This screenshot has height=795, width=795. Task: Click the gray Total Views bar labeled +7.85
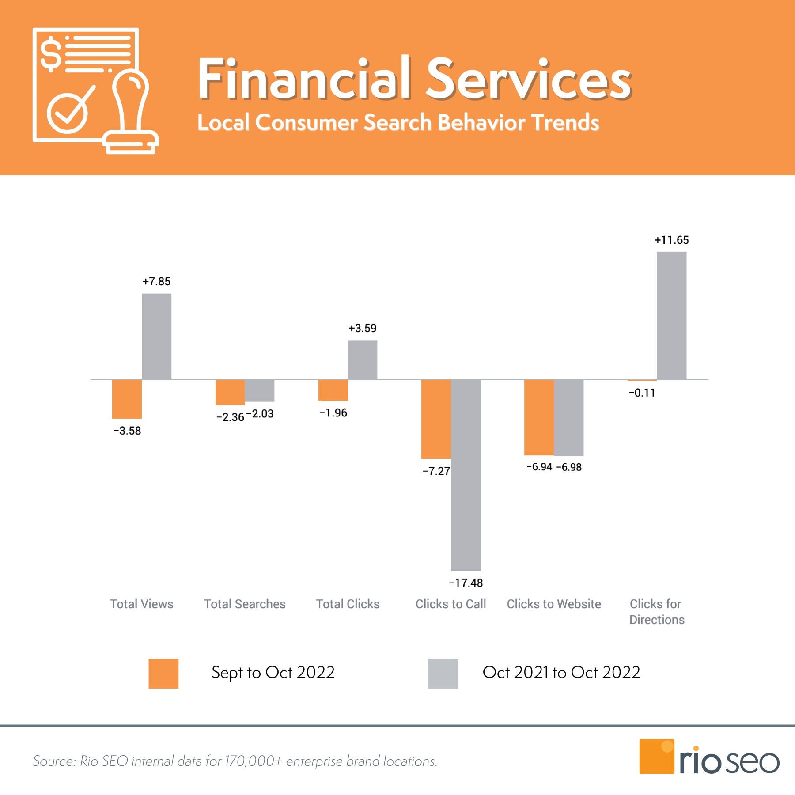click(x=156, y=336)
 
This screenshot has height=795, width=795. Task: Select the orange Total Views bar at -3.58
click(x=127, y=398)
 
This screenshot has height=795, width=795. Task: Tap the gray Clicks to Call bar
click(x=466, y=475)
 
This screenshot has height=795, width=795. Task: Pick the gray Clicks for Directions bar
click(x=671, y=315)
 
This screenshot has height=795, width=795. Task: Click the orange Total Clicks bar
click(x=333, y=390)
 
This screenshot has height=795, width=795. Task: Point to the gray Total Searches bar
click(x=260, y=390)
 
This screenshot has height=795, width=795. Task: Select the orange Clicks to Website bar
click(x=539, y=417)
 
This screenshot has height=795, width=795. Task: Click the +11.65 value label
click(x=671, y=240)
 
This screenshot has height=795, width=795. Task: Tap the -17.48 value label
click(x=466, y=583)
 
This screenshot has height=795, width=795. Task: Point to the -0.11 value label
click(x=642, y=393)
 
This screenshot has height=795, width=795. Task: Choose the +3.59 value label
click(x=363, y=328)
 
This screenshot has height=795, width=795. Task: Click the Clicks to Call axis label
click(x=450, y=604)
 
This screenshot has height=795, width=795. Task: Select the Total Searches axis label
click(x=245, y=604)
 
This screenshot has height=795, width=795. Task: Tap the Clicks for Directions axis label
click(x=657, y=612)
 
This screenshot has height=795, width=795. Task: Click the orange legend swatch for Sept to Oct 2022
click(x=163, y=674)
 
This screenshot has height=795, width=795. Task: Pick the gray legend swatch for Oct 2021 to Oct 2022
click(x=443, y=674)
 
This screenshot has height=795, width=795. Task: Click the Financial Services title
click(x=414, y=79)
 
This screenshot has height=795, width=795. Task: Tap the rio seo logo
click(x=709, y=757)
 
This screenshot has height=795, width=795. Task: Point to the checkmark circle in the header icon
click(x=68, y=113)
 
